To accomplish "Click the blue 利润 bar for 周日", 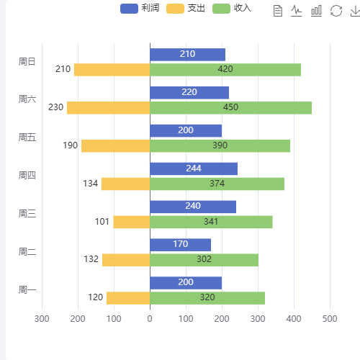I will tap(187, 55).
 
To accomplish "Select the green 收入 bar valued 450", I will tap(230, 108).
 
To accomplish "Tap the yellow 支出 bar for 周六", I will tap(108, 108).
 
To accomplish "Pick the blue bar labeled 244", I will tap(193, 168).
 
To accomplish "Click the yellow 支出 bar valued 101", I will tap(131, 222).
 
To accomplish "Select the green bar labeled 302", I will tap(204, 259).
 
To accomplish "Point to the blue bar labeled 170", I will tap(180, 245).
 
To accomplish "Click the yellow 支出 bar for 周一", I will tap(127, 297).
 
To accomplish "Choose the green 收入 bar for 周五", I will tap(220, 145).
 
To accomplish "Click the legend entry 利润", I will tap(140, 9).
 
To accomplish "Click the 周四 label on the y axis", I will tap(27, 176).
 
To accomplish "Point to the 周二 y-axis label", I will tap(27, 252).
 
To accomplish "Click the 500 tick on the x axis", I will tap(330, 318).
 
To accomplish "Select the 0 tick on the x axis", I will tap(150, 318).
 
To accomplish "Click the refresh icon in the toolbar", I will tap(336, 10).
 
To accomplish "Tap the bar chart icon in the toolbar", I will tap(316, 10).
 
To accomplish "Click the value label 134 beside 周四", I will tap(90, 184).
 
